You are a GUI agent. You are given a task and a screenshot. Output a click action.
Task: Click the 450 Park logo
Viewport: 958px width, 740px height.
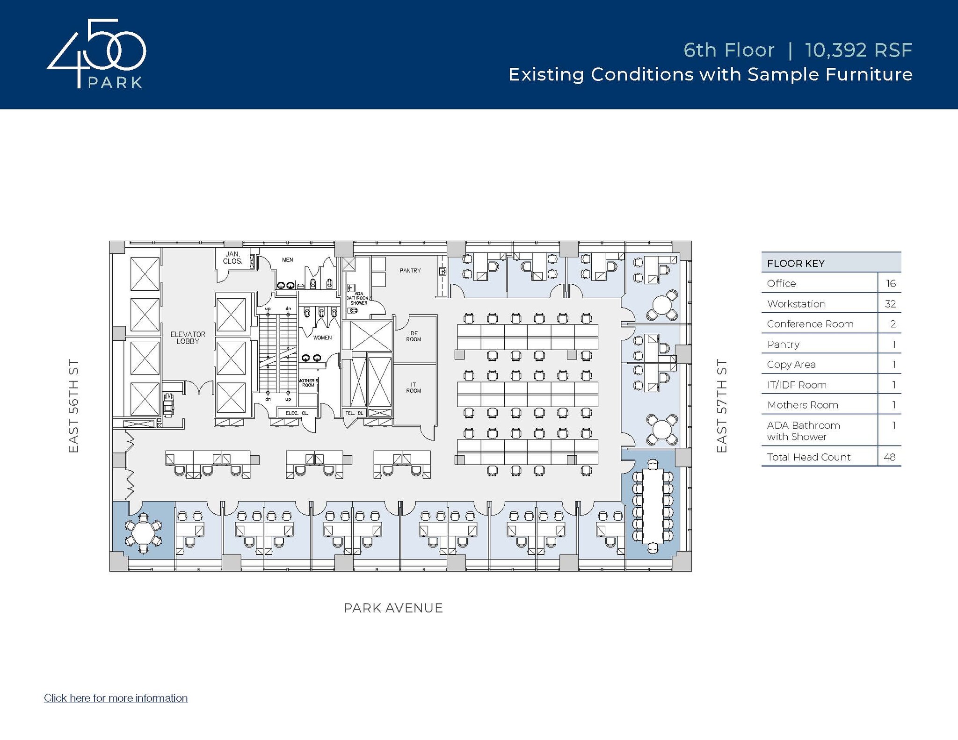point(96,54)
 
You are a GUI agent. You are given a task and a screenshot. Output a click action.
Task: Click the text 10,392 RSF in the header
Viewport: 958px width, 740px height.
point(858,50)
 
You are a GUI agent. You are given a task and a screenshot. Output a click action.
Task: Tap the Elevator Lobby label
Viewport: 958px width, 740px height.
point(188,338)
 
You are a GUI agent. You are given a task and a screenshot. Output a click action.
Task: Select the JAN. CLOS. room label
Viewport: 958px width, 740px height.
point(232,258)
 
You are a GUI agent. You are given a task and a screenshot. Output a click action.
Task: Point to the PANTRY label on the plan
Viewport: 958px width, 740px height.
point(410,271)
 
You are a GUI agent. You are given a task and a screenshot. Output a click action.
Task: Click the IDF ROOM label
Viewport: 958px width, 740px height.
point(414,336)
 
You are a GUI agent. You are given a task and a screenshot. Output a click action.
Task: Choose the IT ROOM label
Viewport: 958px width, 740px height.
point(414,388)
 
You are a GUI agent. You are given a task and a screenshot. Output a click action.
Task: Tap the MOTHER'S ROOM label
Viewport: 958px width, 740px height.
point(308,383)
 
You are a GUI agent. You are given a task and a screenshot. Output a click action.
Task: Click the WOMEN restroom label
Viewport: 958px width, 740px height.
point(322,338)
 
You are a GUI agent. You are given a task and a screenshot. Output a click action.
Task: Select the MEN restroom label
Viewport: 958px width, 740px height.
point(287,260)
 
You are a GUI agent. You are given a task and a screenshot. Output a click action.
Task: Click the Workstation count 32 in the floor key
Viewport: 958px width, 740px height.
point(890,304)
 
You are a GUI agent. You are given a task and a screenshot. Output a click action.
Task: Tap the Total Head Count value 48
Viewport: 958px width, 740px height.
point(889,457)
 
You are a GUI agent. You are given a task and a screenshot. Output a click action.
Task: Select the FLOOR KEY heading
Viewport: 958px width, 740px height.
point(796,263)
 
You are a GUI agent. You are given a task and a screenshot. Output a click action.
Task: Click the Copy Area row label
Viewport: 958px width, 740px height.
point(791,365)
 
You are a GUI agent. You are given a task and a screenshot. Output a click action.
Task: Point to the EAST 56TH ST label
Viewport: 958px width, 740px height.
point(73,406)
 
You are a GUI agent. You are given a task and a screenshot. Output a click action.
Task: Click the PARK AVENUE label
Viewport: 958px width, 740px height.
point(393,608)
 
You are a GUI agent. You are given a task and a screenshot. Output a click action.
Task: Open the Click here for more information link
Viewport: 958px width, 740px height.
point(116,698)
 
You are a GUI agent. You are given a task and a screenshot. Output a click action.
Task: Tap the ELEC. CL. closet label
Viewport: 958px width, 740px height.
point(297,413)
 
